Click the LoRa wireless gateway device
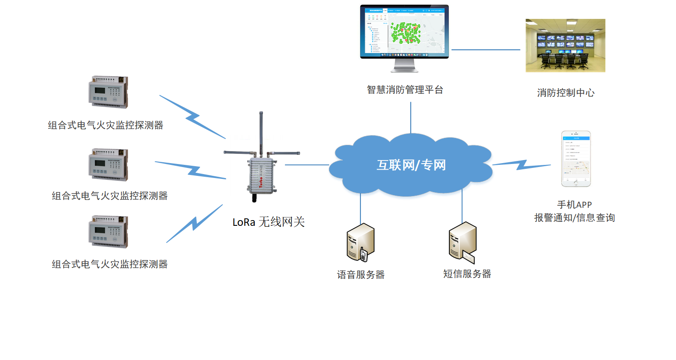point(262,175)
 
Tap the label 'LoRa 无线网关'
point(268,222)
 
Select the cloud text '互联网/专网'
point(411,165)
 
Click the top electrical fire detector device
point(108,92)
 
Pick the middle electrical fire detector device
point(108,165)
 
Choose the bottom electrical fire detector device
point(108,232)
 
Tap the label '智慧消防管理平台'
point(405,90)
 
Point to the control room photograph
point(565,46)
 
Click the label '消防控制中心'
point(566,93)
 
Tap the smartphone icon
point(576,159)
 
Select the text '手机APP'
point(574,205)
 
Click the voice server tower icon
point(360,242)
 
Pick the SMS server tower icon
point(462,242)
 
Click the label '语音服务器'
point(360,275)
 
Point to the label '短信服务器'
point(467,274)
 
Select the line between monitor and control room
point(486,50)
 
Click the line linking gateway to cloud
point(307,165)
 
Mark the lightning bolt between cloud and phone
point(521,165)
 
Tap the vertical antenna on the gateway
point(261,132)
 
